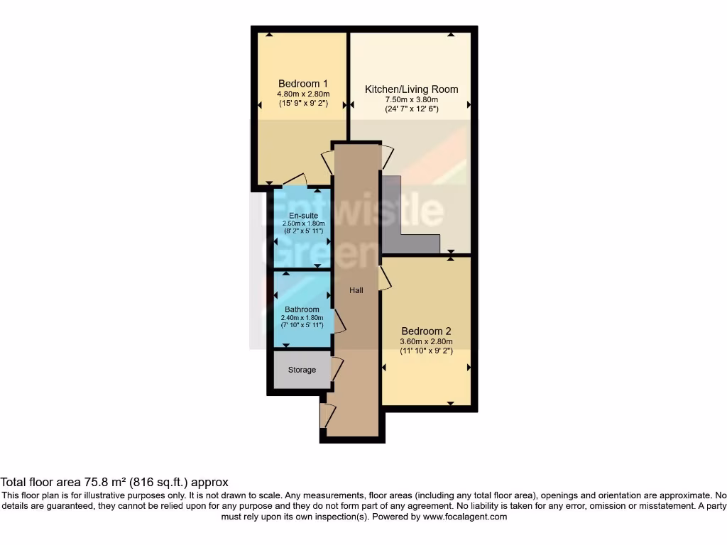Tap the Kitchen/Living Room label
pyautogui.click(x=411, y=89)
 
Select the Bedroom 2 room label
pyautogui.click(x=426, y=331)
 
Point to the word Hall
pyautogui.click(x=356, y=290)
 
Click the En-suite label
pyautogui.click(x=303, y=216)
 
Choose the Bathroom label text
pyautogui.click(x=302, y=309)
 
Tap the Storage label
pyautogui.click(x=302, y=370)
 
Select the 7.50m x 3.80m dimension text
pyautogui.click(x=411, y=100)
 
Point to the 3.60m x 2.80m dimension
pyautogui.click(x=426, y=341)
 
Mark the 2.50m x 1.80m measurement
pyautogui.click(x=303, y=224)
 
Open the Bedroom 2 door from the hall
pyautogui.click(x=384, y=278)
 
